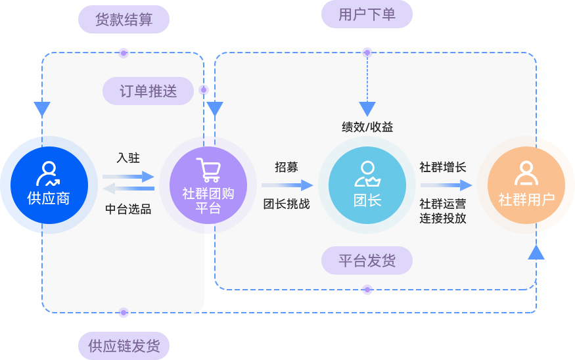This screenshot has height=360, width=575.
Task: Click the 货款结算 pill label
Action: (x=124, y=20)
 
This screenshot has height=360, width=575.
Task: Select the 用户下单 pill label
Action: (x=367, y=14)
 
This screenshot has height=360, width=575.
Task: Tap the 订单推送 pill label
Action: (x=149, y=91)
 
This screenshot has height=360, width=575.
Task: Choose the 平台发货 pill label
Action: (x=367, y=261)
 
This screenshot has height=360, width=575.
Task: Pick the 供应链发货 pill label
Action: (x=124, y=346)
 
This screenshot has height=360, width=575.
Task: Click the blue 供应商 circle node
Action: (x=49, y=185)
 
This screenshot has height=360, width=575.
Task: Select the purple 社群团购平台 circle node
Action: (x=208, y=185)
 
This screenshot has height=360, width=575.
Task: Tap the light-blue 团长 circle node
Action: (x=367, y=185)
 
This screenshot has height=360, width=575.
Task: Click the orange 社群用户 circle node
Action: (x=526, y=185)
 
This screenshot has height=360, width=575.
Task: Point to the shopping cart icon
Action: (x=208, y=169)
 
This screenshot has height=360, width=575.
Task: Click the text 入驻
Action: (x=128, y=158)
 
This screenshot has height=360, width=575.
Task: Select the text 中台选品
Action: (x=128, y=210)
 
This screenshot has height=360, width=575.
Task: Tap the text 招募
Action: (x=286, y=167)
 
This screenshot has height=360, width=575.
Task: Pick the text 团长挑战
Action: (x=287, y=204)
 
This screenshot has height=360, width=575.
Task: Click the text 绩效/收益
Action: (x=367, y=127)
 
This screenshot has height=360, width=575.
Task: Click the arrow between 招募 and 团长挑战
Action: (x=287, y=185)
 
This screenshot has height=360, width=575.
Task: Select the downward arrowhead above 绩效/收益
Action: (x=367, y=109)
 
